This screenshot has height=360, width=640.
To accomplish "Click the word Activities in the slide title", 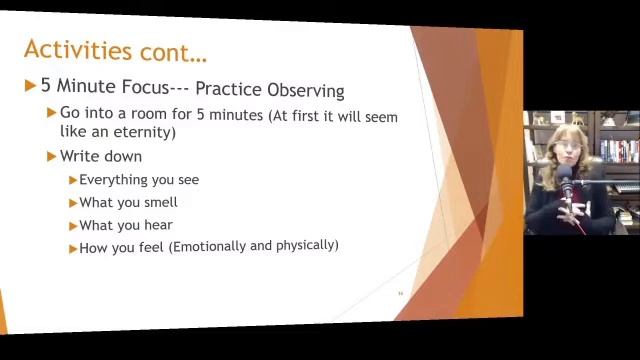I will [x=77, y=49].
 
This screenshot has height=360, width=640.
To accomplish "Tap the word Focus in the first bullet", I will [x=144, y=87].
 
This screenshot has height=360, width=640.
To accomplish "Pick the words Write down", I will [x=100, y=156].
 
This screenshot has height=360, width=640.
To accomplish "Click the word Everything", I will [x=112, y=180].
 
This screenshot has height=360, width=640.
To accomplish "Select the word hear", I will [x=157, y=225].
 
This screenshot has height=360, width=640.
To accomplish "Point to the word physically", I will [x=303, y=245].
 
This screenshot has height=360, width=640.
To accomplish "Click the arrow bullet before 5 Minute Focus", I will [x=30, y=87].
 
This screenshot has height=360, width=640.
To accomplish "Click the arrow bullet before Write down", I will [x=51, y=156].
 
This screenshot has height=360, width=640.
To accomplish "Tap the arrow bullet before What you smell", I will [x=73, y=203].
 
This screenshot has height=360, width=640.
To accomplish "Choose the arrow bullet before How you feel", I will [x=73, y=247].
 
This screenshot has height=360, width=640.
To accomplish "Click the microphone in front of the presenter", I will [x=566, y=188].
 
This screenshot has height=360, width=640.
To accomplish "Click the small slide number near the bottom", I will [x=400, y=293].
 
